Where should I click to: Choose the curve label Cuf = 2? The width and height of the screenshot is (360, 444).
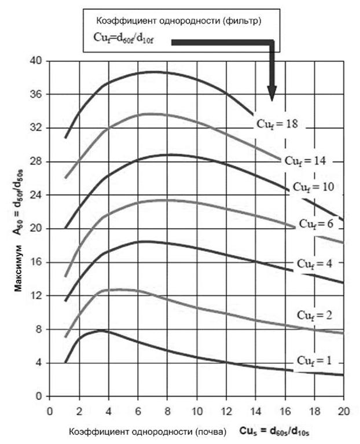(x=317, y=315)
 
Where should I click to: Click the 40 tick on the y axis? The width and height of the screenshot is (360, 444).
(x=38, y=61)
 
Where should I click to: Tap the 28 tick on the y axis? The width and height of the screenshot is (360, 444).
(x=38, y=162)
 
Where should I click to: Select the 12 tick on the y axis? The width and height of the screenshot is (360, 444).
(x=38, y=296)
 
